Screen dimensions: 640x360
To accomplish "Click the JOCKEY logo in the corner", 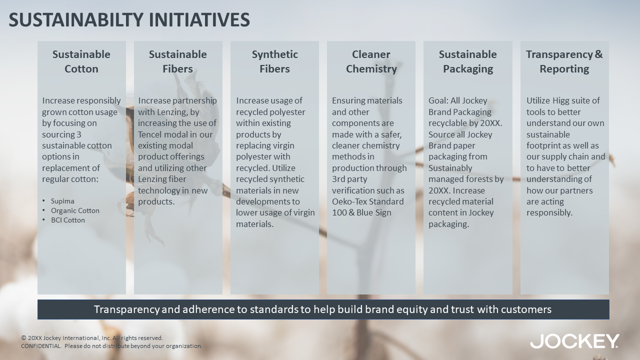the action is tap(574, 341).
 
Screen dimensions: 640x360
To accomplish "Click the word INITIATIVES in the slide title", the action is tap(199, 19).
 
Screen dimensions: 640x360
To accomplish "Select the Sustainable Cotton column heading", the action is tap(81, 61).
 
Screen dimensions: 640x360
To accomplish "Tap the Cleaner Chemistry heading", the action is tap(371, 61).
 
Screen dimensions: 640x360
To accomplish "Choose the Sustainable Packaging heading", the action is tap(467, 61).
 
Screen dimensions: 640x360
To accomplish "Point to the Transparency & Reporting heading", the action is tap(564, 61).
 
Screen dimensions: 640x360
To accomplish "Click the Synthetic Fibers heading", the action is tap(274, 61).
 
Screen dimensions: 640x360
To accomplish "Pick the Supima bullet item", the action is tap(62, 201).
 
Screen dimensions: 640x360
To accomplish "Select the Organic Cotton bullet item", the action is tap(75, 210).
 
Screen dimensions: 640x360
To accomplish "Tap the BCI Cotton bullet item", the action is tap(68, 220).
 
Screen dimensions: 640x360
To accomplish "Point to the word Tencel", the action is tap(150, 134).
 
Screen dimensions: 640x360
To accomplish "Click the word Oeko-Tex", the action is tap(349, 201).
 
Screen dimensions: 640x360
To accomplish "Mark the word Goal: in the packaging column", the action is tap(438, 100).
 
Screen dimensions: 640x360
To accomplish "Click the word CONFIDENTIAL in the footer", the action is tap(41, 346).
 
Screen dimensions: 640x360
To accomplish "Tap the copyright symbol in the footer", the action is tap(23, 338).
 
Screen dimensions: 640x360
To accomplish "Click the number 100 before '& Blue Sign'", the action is tap(339, 212).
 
